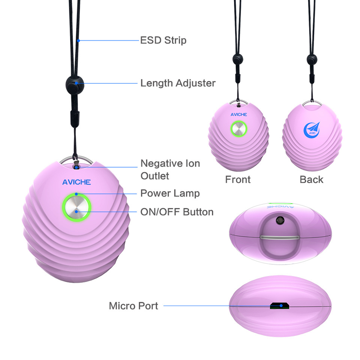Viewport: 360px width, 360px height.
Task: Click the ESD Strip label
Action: (x=163, y=40)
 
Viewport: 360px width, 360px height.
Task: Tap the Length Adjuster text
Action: (x=178, y=83)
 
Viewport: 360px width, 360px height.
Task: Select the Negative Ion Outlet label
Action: (x=170, y=169)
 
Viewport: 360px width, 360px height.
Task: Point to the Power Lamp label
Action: (x=170, y=193)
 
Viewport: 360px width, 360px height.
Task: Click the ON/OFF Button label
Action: (x=177, y=212)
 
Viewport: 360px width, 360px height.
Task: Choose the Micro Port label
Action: (x=133, y=306)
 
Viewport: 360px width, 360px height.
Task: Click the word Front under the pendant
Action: (x=238, y=180)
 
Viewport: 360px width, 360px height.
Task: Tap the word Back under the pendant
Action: (x=311, y=180)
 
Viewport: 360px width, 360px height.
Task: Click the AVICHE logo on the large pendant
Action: (x=76, y=183)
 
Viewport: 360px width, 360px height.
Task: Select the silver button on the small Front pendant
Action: (x=239, y=129)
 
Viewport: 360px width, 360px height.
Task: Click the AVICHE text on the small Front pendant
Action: (x=239, y=115)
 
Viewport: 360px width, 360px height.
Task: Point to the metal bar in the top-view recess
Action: (x=280, y=237)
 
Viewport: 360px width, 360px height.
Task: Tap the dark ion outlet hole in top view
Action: (x=280, y=220)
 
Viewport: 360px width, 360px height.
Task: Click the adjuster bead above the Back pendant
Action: (x=311, y=59)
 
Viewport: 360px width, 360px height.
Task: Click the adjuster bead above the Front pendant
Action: (x=237, y=59)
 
